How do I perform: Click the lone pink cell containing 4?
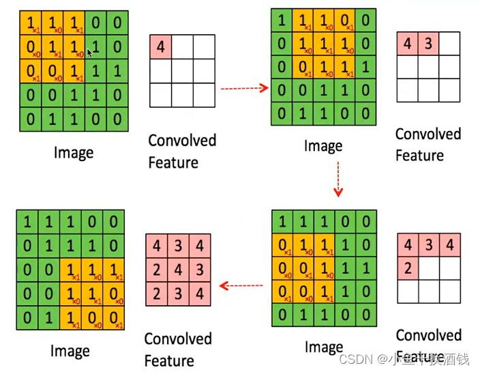click(160, 47)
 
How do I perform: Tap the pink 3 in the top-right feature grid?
click(428, 44)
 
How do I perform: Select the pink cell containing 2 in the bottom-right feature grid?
click(408, 268)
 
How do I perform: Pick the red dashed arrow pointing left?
click(241, 285)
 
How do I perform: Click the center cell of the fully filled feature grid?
click(179, 269)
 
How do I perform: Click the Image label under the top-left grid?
click(73, 152)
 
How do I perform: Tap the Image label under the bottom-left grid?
click(70, 351)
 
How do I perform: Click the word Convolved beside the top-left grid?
click(182, 141)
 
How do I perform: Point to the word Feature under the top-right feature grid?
click(419, 156)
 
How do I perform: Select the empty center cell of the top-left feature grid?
click(182, 70)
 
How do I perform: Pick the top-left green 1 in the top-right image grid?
click(281, 20)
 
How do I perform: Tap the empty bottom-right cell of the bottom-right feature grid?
click(450, 291)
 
